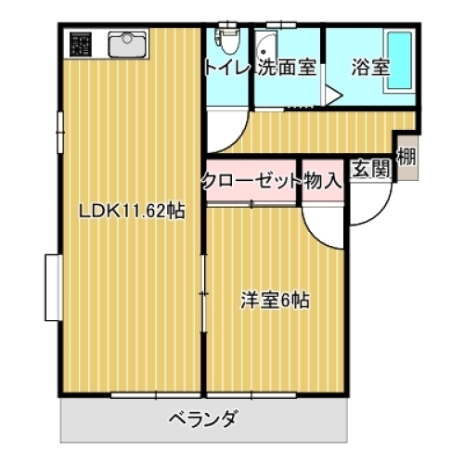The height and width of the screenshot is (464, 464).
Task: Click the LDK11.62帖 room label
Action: [x=131, y=211]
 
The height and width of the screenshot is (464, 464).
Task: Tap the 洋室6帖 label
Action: [x=275, y=300]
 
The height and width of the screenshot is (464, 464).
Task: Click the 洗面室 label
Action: [x=288, y=67]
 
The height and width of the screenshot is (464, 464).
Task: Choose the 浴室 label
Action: [x=369, y=67]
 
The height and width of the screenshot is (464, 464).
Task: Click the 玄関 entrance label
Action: [x=368, y=170]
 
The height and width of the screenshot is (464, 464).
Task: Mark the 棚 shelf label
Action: [x=406, y=156]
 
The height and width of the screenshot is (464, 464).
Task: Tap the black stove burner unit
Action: [x=78, y=43]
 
